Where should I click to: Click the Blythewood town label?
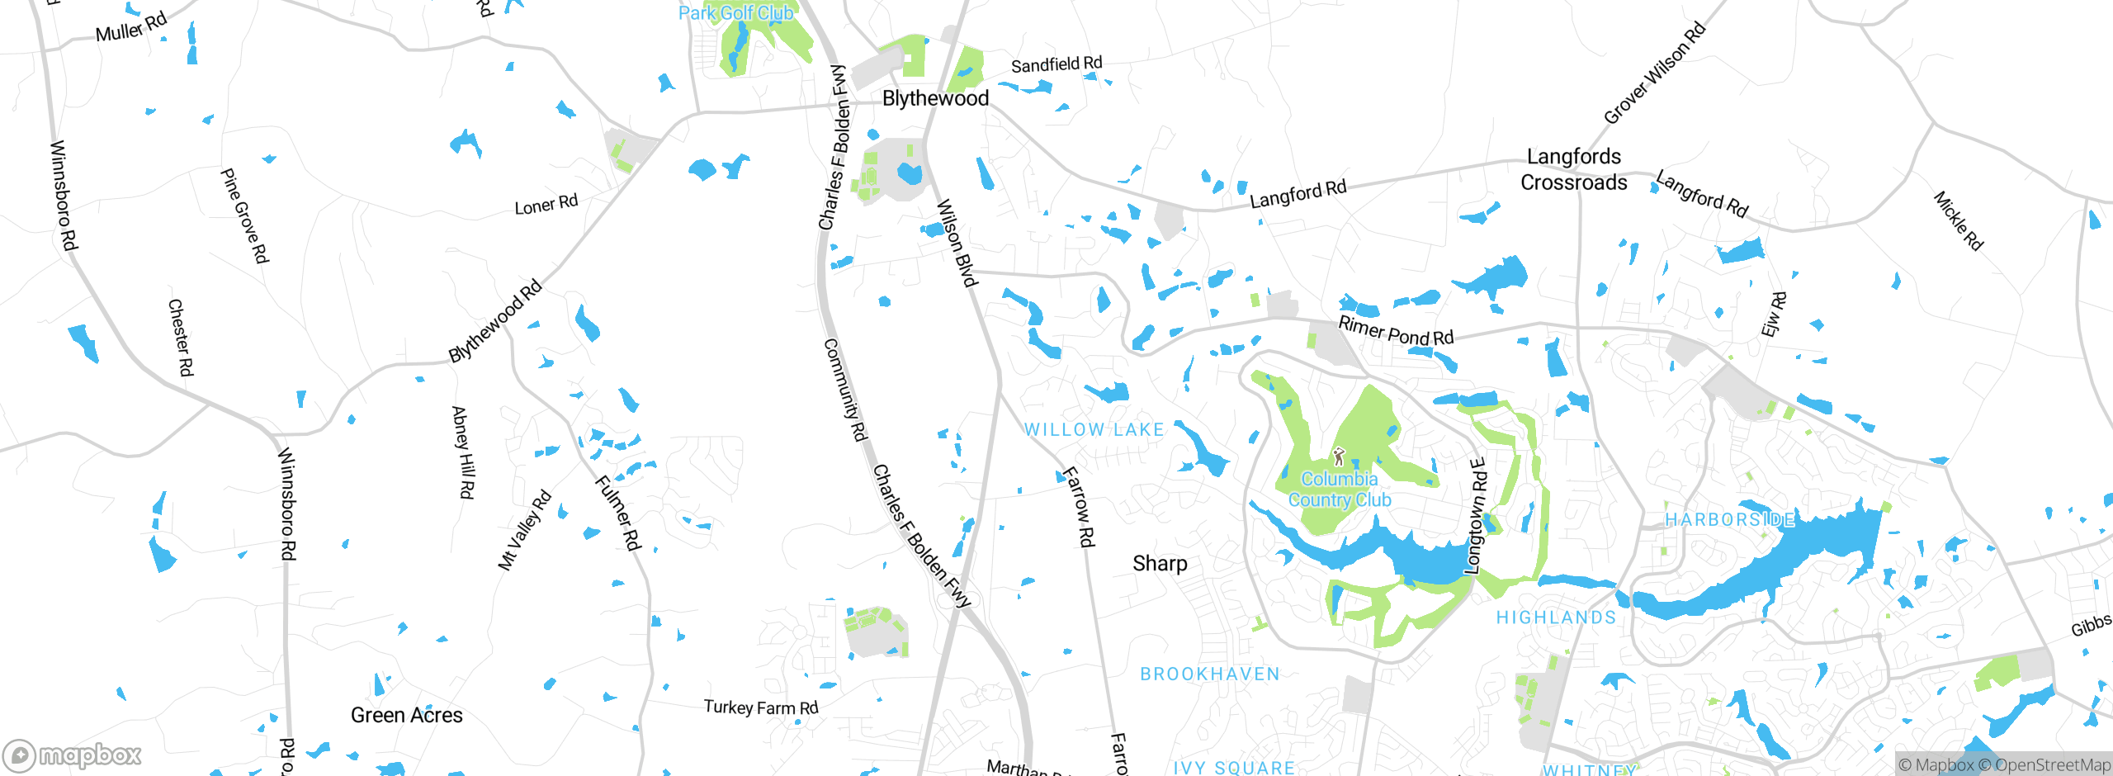pos(935,98)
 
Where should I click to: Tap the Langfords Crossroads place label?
pos(1573,169)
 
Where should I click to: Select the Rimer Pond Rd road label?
pos(1395,331)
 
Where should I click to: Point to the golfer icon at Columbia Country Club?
pos(1339,457)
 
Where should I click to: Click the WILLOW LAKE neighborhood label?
pos(1094,429)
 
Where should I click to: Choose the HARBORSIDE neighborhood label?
pos(1729,519)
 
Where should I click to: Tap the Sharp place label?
pos(1160,564)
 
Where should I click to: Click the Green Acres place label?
pos(406,715)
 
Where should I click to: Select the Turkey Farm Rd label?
pos(760,707)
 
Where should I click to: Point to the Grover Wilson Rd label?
pos(1654,73)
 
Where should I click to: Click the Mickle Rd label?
pos(1958,220)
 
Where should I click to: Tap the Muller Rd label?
pos(131,27)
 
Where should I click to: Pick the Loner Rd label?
pos(546,204)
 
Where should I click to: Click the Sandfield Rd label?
pos(1056,64)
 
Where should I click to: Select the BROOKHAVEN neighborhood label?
pos(1209,674)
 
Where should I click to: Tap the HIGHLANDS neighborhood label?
pos(1556,617)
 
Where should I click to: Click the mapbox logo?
pos(73,755)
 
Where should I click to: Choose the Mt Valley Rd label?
pos(524,530)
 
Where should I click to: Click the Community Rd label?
pos(845,389)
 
